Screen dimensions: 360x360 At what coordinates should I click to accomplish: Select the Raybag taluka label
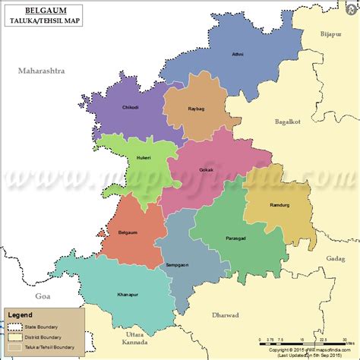tap(196, 109)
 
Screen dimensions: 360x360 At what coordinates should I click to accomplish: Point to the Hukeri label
tap(144, 157)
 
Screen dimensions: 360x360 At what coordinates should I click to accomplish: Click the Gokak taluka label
tap(206, 169)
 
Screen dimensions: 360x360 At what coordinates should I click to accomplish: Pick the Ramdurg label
tap(279, 205)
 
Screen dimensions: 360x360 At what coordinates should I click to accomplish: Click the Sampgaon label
tap(176, 264)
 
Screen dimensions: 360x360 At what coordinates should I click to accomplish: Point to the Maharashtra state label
tap(42, 71)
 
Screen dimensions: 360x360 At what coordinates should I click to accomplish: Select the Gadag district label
tap(335, 259)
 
